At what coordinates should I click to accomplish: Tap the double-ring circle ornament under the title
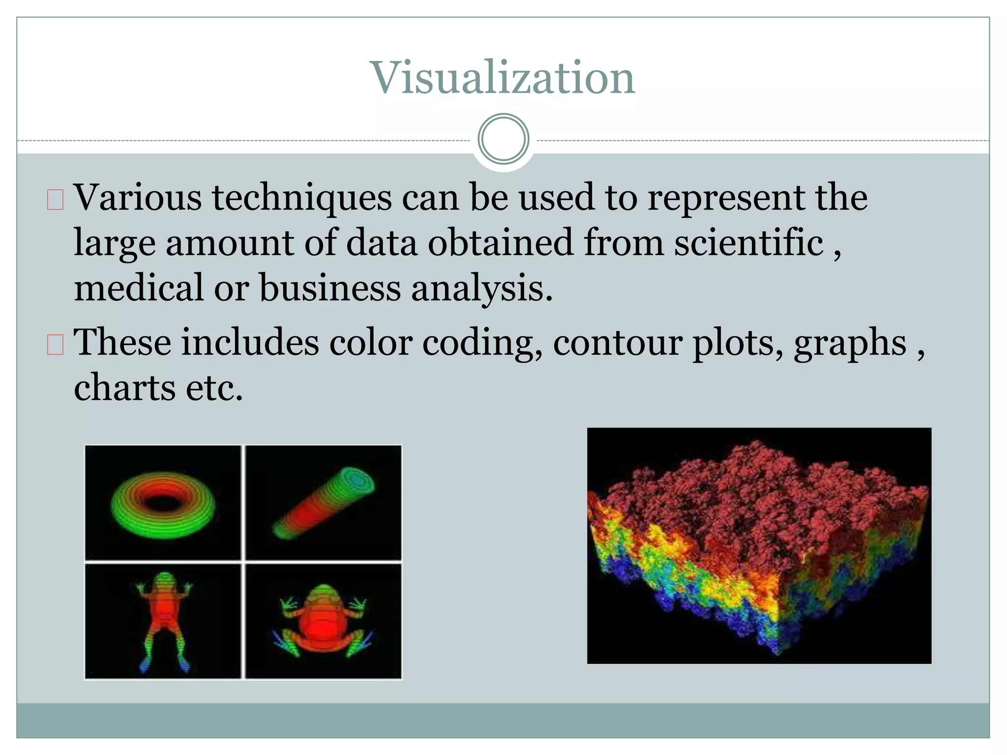click(503, 139)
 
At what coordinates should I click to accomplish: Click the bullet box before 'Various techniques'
click(55, 200)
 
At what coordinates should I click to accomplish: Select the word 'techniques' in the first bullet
click(301, 198)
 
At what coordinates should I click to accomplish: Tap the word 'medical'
click(138, 288)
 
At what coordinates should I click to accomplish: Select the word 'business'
click(329, 288)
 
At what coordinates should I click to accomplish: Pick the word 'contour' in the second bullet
click(618, 343)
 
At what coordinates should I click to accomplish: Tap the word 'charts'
click(124, 387)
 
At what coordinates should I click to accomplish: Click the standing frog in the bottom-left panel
click(164, 617)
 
